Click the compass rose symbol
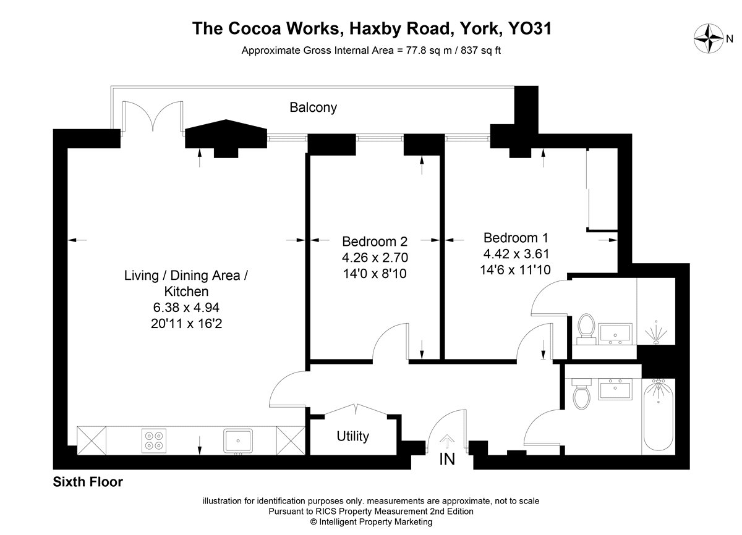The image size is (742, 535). (709, 38)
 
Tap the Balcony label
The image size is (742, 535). (313, 107)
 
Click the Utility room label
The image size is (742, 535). (353, 436)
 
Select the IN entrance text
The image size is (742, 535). (447, 459)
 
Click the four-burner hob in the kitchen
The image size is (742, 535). (154, 440)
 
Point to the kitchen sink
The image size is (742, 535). (238, 440)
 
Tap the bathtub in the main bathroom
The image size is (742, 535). (658, 415)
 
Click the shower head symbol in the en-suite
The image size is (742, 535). (656, 332)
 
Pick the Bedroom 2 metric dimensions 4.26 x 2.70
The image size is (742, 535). (375, 258)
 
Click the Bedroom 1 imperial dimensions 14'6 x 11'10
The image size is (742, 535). (515, 270)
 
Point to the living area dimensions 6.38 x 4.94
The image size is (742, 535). (186, 308)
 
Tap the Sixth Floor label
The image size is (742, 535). (88, 482)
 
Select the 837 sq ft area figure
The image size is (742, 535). (480, 50)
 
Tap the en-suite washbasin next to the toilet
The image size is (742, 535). (615, 334)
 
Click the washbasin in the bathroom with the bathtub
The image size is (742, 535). (615, 389)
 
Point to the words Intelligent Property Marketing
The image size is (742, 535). (376, 522)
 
